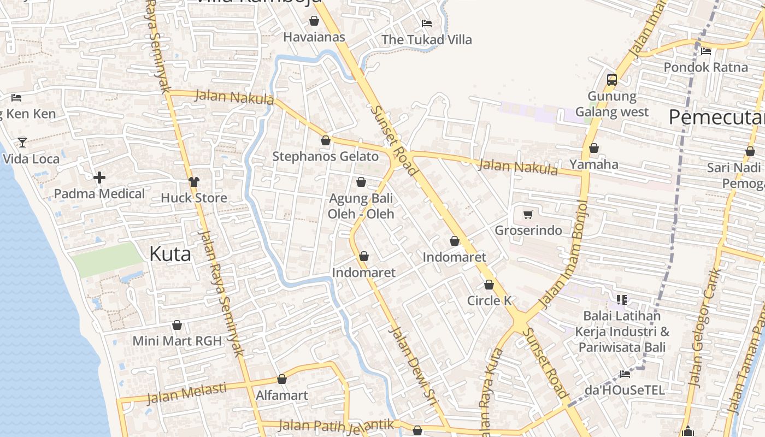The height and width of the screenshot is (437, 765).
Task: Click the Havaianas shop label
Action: (x=314, y=37)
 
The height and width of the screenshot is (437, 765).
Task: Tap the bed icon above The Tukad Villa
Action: (x=427, y=23)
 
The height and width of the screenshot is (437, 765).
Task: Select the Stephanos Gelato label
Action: (x=326, y=156)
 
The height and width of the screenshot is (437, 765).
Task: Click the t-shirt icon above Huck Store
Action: (x=193, y=181)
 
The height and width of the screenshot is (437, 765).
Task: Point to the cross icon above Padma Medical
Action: (x=99, y=178)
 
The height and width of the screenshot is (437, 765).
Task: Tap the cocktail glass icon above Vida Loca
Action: (x=22, y=143)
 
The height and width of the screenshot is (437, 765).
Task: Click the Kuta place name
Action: (x=170, y=254)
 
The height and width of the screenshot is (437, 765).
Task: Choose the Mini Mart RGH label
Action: (x=177, y=341)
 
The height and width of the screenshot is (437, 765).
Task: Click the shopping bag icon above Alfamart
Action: (x=282, y=379)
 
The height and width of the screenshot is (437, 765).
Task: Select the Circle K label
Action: (x=489, y=300)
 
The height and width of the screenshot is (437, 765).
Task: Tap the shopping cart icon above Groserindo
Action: (x=528, y=214)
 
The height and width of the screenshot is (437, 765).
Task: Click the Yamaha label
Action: (x=594, y=164)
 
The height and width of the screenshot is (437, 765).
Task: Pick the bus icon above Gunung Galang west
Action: (x=611, y=80)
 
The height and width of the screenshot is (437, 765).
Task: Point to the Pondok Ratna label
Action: (x=705, y=67)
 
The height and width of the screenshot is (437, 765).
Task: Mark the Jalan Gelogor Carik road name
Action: (x=704, y=328)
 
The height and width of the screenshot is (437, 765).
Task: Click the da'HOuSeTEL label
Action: (x=625, y=390)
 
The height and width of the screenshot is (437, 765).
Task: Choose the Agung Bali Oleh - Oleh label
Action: (x=361, y=206)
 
